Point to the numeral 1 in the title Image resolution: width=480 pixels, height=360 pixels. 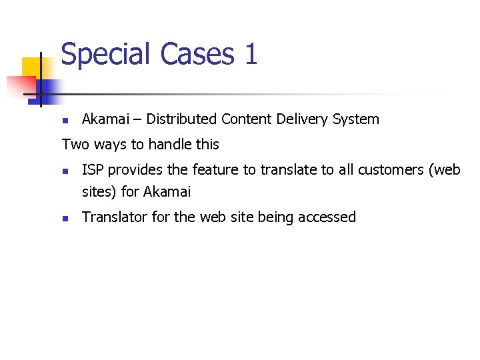pos(251,53)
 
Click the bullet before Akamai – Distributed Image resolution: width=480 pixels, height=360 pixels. pos(65,121)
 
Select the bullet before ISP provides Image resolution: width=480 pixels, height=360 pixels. pos(65,171)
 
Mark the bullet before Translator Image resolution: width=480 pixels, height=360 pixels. pos(65,218)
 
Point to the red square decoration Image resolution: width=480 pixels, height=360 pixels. pos(20,87)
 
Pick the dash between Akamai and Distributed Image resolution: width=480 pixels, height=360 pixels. pos(137,120)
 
